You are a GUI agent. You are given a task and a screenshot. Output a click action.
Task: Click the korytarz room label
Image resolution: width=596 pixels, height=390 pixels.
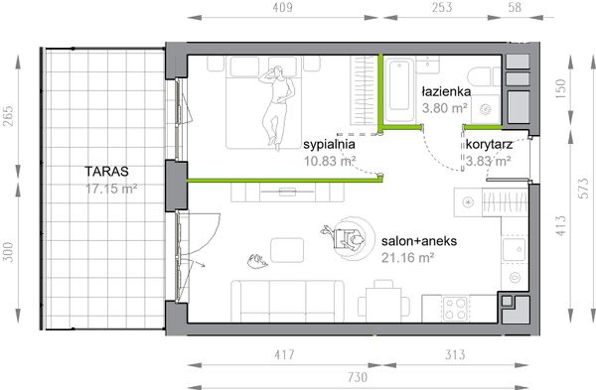click(488, 145)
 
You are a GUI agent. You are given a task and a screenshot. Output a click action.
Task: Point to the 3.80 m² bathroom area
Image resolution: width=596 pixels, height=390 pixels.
click(447, 108)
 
